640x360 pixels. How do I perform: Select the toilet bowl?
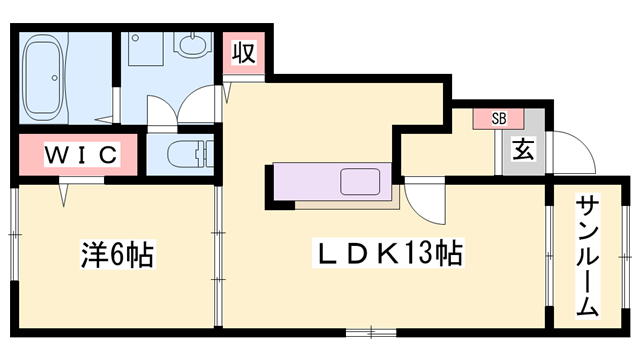pyautogui.click(x=190, y=154)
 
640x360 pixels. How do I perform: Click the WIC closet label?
pyautogui.click(x=82, y=154)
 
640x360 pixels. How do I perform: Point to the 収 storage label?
pyautogui.click(x=244, y=53)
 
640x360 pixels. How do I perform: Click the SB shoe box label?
pyautogui.click(x=499, y=119)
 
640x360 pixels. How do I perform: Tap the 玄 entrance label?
pyautogui.click(x=523, y=149)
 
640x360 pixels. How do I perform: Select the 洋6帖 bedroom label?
pyautogui.click(x=117, y=254)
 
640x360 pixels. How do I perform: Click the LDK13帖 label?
pyautogui.click(x=388, y=253)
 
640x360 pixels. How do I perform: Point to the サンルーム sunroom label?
pyautogui.click(x=588, y=257)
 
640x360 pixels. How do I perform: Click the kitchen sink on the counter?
pyautogui.click(x=360, y=181)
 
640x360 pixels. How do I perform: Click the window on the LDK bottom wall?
pyautogui.click(x=371, y=332)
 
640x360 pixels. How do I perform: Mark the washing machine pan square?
pyautogui.click(x=146, y=49)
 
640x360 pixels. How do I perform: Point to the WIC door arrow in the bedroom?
pyautogui.click(x=63, y=194)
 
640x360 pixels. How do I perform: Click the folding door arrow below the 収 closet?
pyautogui.click(x=227, y=92)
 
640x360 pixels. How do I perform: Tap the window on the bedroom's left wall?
pyautogui.click(x=14, y=234)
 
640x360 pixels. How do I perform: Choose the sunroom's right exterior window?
pyautogui.click(x=626, y=257)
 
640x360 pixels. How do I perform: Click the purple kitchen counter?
pyautogui.click(x=332, y=182)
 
